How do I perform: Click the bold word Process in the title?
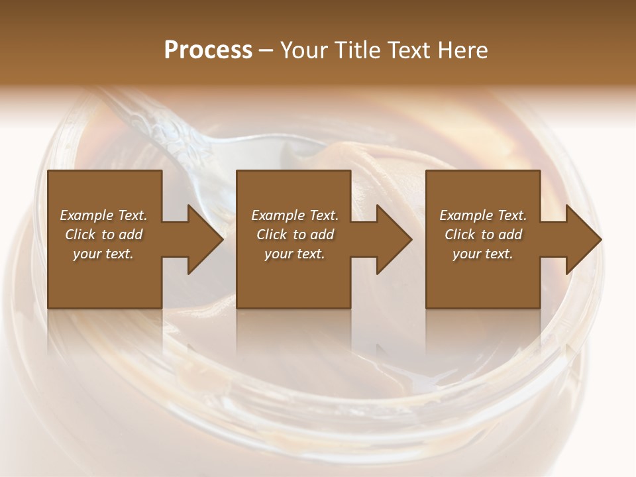click(208, 50)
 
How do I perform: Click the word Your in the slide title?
click(305, 50)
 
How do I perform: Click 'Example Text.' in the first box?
click(103, 215)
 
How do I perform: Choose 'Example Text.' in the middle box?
click(295, 215)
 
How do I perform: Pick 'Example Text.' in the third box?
click(483, 215)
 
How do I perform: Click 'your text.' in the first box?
click(103, 254)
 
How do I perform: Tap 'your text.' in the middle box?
click(295, 254)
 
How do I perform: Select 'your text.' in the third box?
click(483, 254)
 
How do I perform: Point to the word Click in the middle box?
click(272, 235)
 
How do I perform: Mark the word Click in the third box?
click(460, 235)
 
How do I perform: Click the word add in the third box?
click(511, 235)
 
